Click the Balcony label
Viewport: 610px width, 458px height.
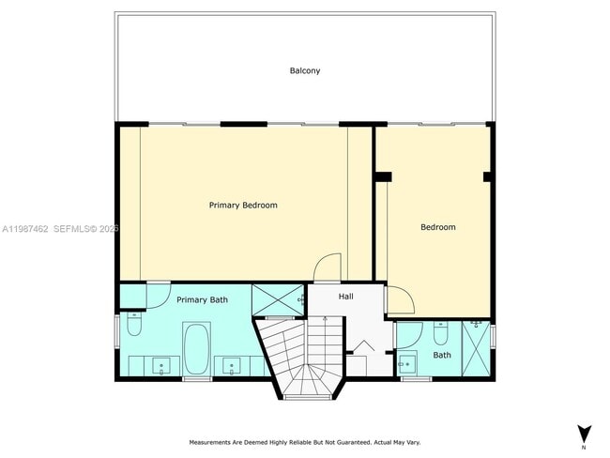304,70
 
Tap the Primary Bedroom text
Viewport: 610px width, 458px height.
243,205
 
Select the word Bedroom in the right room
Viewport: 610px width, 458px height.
437,227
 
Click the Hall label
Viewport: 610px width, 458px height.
346,297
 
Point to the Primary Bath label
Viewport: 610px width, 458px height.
203,299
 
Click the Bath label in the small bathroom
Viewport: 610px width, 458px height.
442,355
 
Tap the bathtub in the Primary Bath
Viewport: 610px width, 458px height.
197,348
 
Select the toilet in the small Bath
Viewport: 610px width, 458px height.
441,333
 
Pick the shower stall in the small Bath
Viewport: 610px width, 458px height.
477,348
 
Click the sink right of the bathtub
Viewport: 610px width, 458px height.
231,364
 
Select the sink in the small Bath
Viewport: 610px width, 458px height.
407,361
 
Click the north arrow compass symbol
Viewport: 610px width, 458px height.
584,435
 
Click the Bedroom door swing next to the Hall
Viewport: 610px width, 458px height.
401,300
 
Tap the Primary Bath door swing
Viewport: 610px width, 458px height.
134,297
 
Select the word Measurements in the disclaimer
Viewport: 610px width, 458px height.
213,441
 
